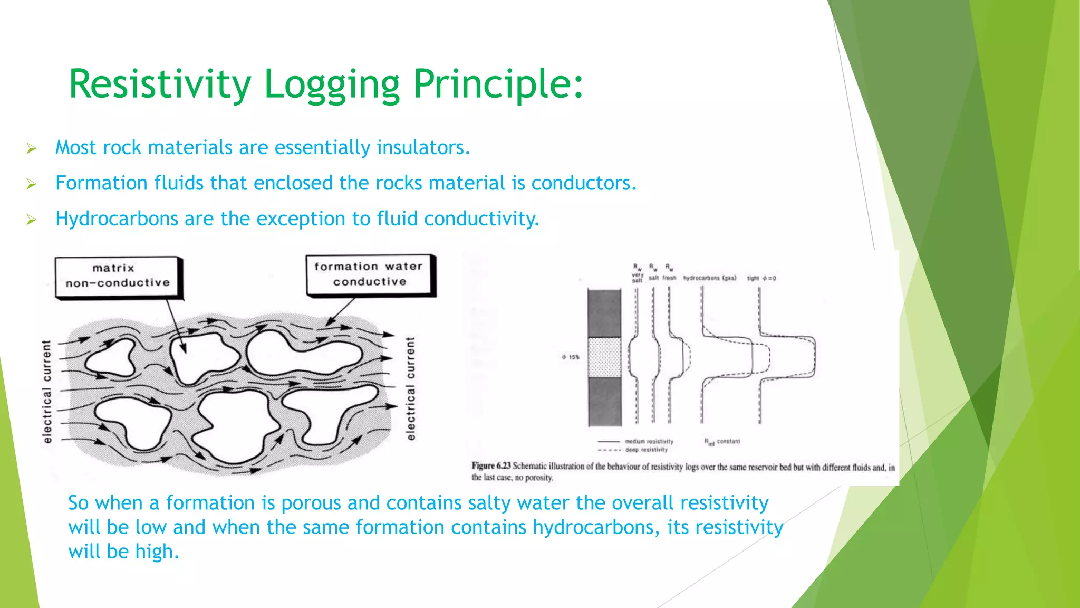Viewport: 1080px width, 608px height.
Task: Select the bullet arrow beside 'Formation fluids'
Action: [32, 184]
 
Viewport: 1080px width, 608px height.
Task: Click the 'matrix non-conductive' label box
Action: [118, 277]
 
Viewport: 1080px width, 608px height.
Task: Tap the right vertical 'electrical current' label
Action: [411, 388]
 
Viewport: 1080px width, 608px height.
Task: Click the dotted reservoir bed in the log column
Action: [604, 357]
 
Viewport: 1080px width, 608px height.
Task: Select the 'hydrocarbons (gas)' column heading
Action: [709, 278]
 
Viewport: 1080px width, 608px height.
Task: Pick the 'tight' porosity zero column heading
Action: [761, 278]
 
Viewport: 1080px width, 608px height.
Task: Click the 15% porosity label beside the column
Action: [571, 357]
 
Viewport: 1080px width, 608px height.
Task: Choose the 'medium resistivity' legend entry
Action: [649, 441]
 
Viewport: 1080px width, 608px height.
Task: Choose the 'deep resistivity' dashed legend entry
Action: [646, 450]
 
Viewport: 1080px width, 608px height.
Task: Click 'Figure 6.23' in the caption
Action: [491, 466]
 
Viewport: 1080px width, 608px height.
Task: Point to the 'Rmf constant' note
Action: [722, 442]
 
